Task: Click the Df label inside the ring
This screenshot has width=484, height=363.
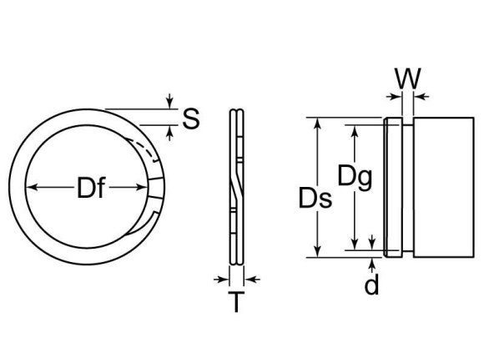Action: (x=91, y=190)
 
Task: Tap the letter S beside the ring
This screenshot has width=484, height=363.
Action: (x=190, y=120)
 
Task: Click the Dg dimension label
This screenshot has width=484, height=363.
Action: (x=355, y=176)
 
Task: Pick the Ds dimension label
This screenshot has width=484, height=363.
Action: (x=315, y=199)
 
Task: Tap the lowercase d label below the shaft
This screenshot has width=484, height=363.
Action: (x=372, y=285)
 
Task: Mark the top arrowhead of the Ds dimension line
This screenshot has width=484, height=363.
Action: (x=316, y=123)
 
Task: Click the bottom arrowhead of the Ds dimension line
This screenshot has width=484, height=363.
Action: (x=316, y=252)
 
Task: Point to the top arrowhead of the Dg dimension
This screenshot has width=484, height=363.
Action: (x=355, y=130)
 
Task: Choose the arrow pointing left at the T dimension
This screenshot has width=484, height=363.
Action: (x=252, y=279)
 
